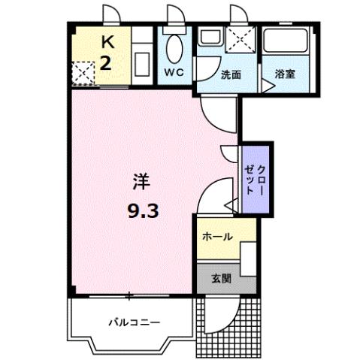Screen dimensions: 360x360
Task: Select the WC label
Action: [174, 74]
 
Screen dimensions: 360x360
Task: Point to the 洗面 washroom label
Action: [230, 74]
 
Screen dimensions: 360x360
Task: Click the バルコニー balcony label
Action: [133, 322]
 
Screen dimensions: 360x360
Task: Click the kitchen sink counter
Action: [141, 58]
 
